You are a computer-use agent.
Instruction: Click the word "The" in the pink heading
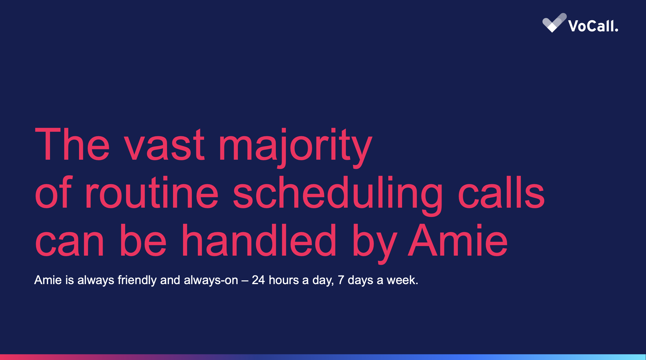72,144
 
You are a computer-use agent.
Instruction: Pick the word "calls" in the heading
501,192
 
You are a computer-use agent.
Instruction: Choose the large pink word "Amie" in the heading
458,240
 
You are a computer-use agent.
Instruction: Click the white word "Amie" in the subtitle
48,280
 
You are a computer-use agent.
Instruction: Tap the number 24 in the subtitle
258,280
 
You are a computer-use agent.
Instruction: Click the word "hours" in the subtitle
283,280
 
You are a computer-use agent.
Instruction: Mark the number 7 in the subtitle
341,280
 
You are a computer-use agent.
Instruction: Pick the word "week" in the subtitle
401,280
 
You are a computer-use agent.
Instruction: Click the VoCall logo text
593,26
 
